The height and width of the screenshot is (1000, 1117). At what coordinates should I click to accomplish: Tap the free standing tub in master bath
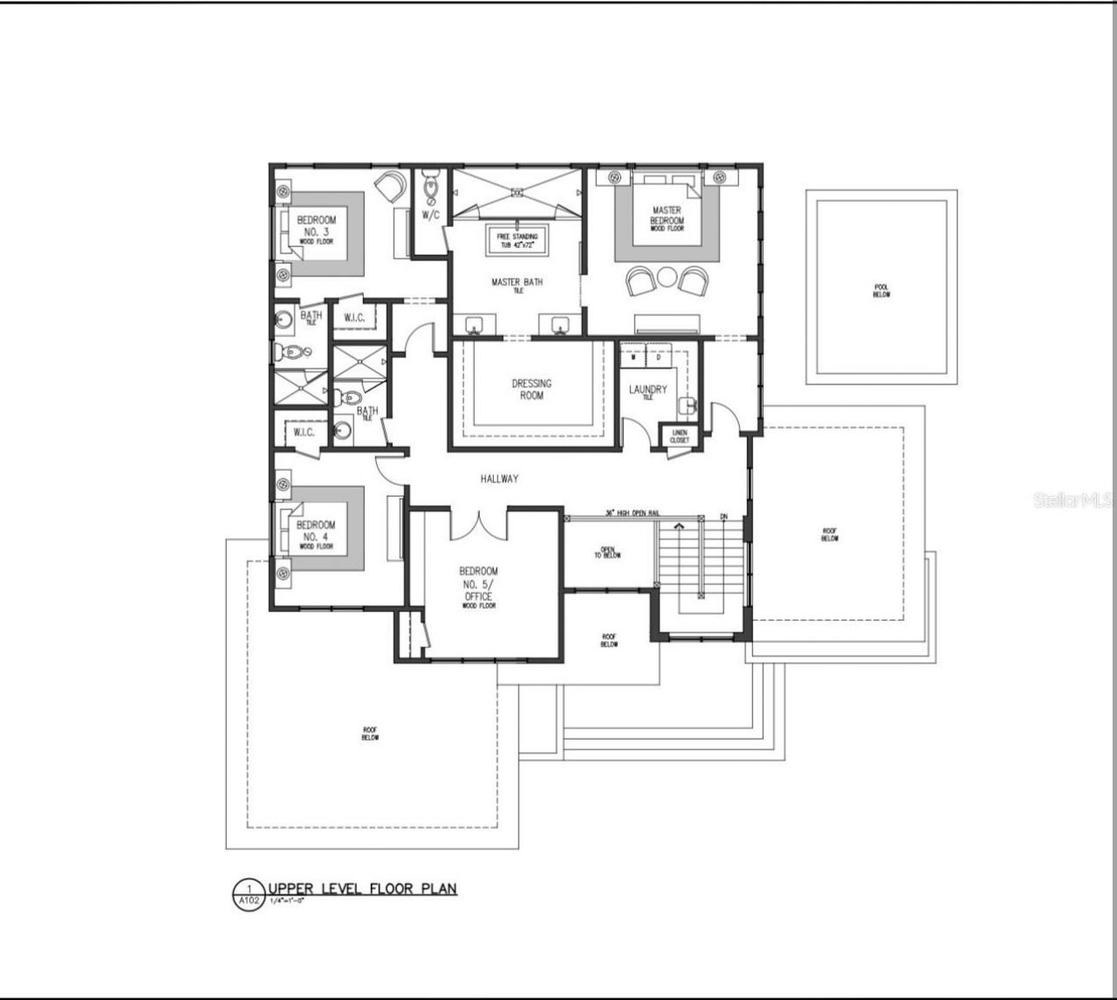click(x=517, y=241)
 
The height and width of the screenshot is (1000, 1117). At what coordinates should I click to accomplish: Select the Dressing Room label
click(x=531, y=390)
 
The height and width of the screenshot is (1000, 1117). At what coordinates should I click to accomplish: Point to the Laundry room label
click(x=648, y=391)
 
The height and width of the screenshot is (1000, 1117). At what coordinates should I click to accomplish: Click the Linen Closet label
click(x=679, y=435)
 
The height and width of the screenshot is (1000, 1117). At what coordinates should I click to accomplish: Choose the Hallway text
click(x=499, y=479)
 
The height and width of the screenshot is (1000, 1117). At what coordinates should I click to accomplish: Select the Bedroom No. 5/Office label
click(x=478, y=585)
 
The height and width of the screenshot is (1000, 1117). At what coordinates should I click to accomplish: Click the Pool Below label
click(x=881, y=291)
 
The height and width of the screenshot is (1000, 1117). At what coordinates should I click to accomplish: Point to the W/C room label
click(x=430, y=215)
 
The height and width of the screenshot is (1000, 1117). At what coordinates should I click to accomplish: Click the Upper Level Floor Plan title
click(x=362, y=889)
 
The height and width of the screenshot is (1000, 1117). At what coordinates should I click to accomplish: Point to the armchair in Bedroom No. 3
click(x=389, y=184)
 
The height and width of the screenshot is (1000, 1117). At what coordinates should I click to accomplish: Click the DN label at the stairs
click(x=723, y=517)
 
